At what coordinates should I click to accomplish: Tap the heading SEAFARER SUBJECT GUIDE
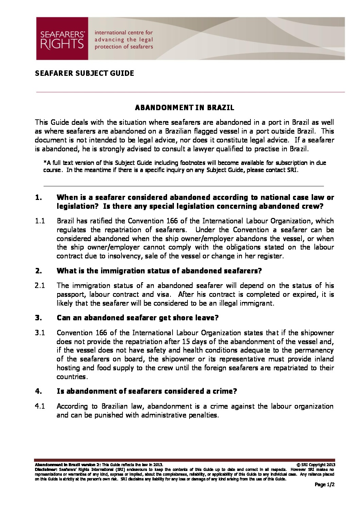pyautogui.click(x=84, y=73)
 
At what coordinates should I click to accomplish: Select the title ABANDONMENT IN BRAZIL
pyautogui.click(x=185, y=108)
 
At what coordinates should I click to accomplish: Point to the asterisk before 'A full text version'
pyautogui.click(x=45, y=163)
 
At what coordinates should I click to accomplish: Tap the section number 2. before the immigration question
pyautogui.click(x=38, y=271)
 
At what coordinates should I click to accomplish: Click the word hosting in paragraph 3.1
pyautogui.click(x=68, y=368)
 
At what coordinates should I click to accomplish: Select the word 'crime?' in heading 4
pyautogui.click(x=225, y=391)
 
